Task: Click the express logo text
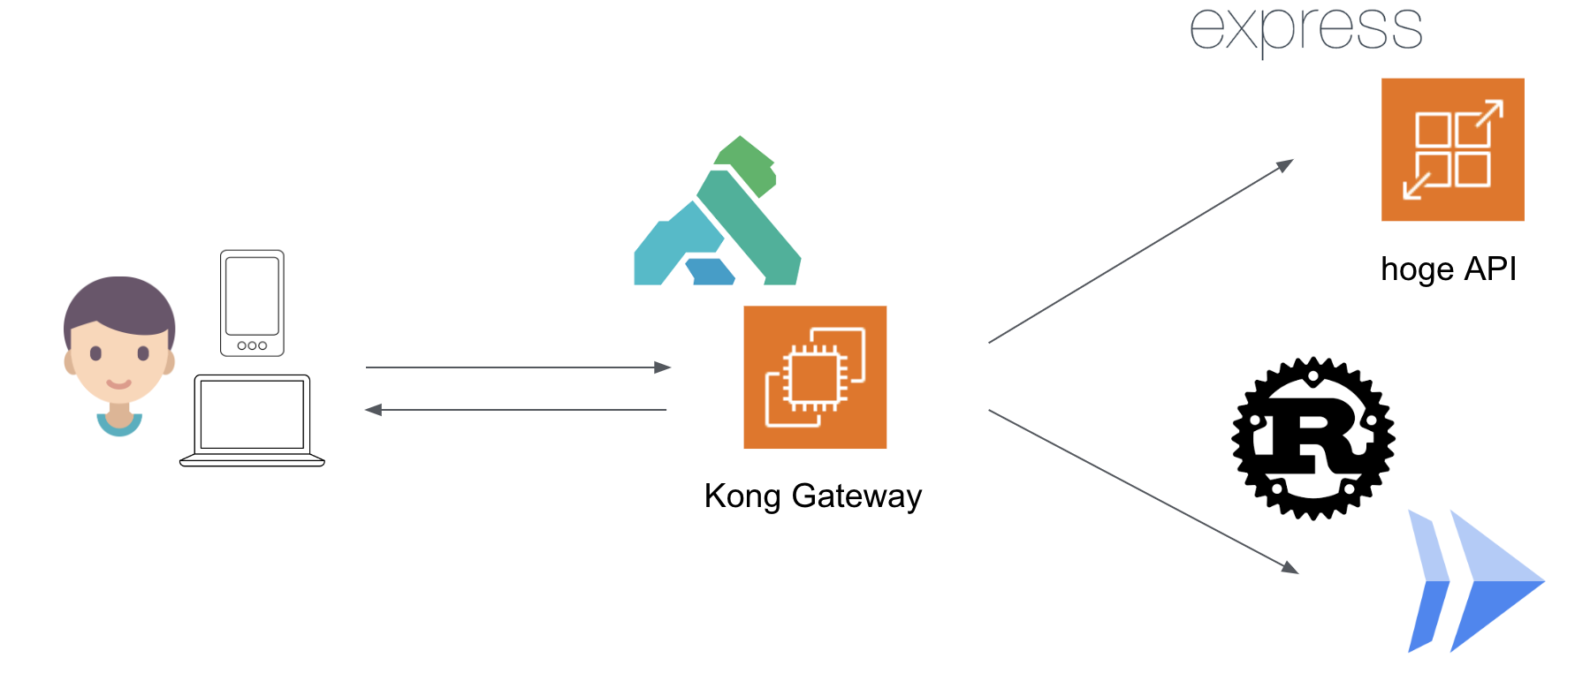(1305, 28)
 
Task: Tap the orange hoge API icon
(1452, 149)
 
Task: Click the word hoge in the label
(1416, 269)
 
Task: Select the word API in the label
(1490, 269)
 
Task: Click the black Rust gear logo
(1313, 438)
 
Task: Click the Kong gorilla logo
(718, 216)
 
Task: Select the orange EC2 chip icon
(815, 377)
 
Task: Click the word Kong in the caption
(742, 496)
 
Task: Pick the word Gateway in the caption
(856, 496)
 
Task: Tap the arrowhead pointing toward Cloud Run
(1290, 567)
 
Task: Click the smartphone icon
(252, 303)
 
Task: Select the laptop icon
(252, 420)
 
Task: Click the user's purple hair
(118, 300)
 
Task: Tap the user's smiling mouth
(119, 384)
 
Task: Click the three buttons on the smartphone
(252, 345)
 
